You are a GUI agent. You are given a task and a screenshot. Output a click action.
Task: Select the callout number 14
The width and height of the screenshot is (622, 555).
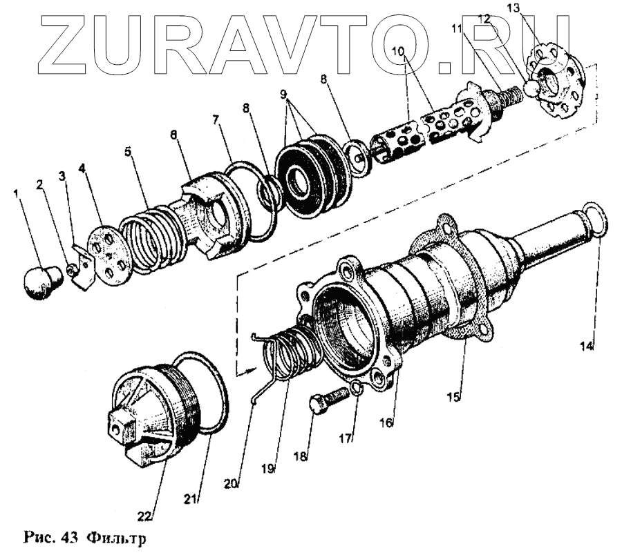(586, 347)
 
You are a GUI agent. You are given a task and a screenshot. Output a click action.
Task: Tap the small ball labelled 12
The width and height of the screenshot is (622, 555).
(531, 88)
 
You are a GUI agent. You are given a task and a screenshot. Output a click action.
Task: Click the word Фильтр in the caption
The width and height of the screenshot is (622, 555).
(117, 537)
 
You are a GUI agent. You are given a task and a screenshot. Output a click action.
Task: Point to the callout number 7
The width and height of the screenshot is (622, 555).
(216, 119)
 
